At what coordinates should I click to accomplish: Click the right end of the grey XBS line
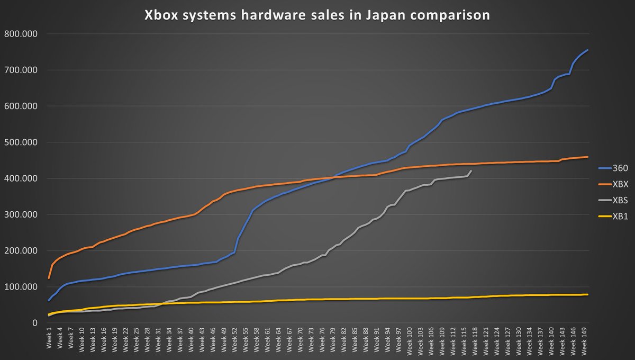coord(471,170)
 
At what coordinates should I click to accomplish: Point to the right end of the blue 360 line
coord(588,50)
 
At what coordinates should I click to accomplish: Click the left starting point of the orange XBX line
coord(49,278)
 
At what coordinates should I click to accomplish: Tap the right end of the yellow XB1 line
coord(588,294)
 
